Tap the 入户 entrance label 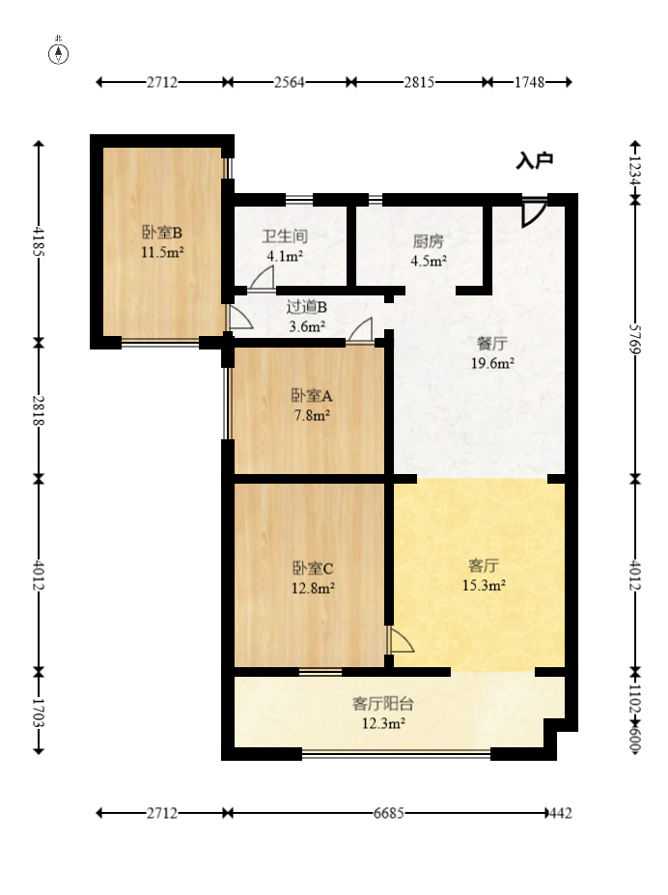pyautogui.click(x=535, y=161)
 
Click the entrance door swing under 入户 pyautogui.click(x=534, y=214)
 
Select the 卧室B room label pyautogui.click(x=162, y=233)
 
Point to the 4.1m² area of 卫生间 pyautogui.click(x=285, y=256)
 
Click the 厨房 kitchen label pyautogui.click(x=429, y=241)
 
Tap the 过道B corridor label pyautogui.click(x=307, y=307)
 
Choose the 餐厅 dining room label pyautogui.click(x=491, y=344)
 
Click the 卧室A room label pyautogui.click(x=312, y=396)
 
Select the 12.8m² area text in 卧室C pyautogui.click(x=313, y=587)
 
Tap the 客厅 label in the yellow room pyautogui.click(x=484, y=566)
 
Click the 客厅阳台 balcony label pyautogui.click(x=383, y=704)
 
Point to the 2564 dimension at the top pyautogui.click(x=290, y=82)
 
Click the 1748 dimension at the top pyautogui.click(x=530, y=82)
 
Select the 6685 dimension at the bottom pyautogui.click(x=388, y=813)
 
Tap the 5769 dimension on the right pyautogui.click(x=635, y=339)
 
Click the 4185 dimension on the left pyautogui.click(x=39, y=241)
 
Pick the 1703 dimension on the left pyautogui.click(x=39, y=713)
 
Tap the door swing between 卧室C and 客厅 pyautogui.click(x=401, y=640)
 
